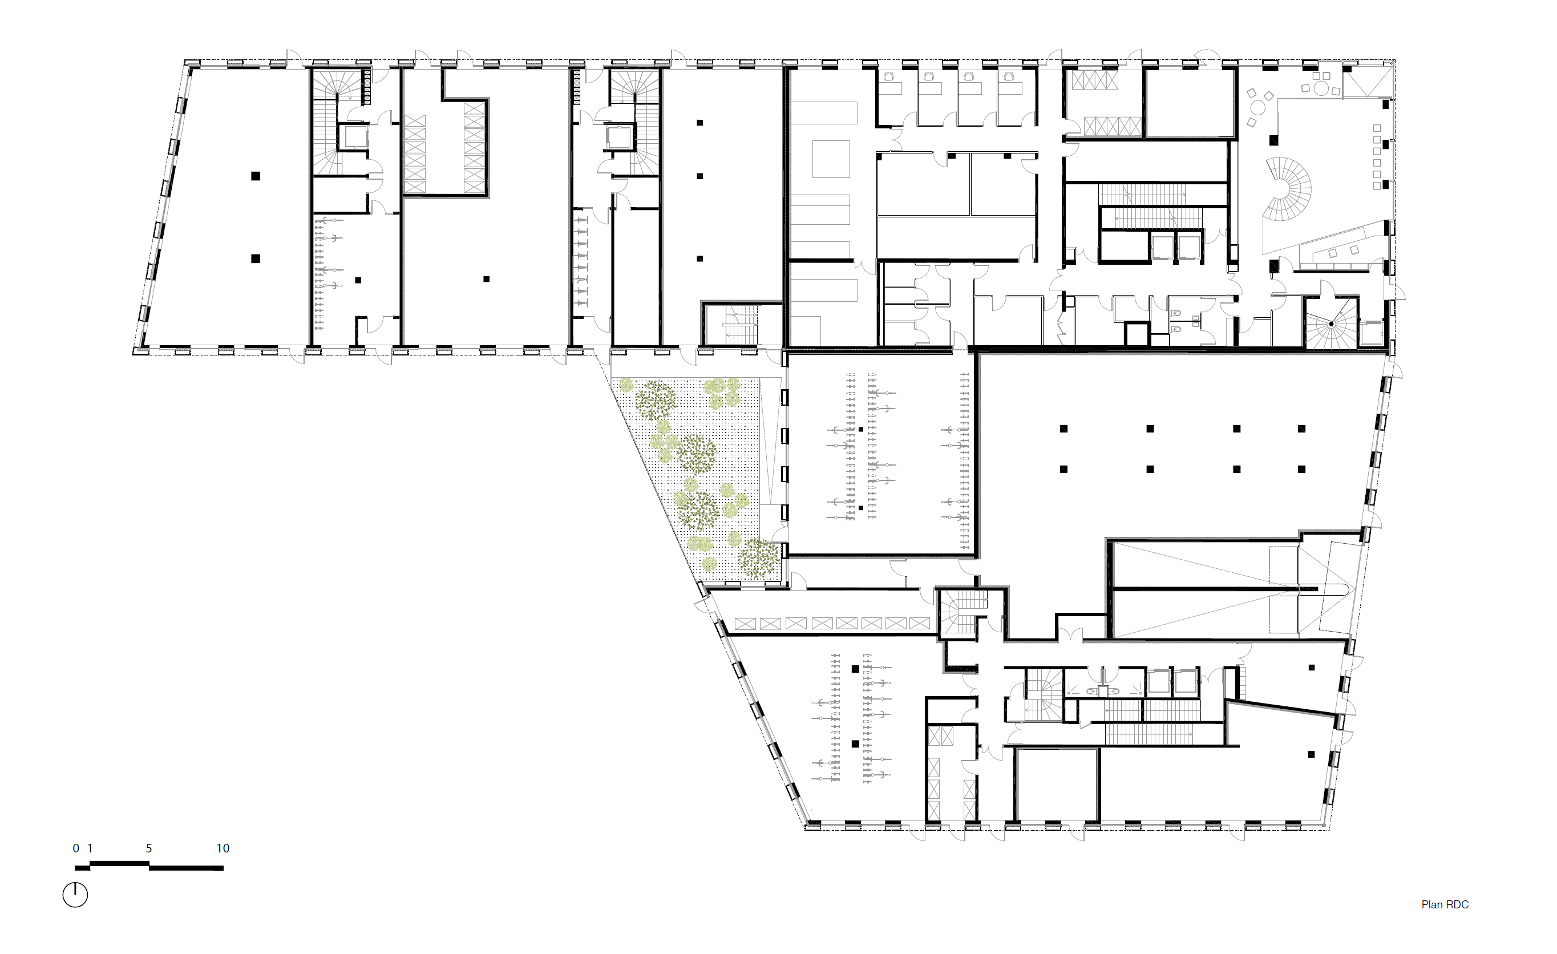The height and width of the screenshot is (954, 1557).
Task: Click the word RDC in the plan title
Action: coord(1457,905)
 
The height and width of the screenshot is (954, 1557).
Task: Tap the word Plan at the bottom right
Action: coord(1431,905)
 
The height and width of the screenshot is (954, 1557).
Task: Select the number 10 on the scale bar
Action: coord(223,848)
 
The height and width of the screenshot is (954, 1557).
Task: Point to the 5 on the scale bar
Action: coord(149,848)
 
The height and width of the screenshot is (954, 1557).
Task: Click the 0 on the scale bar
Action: coord(76,848)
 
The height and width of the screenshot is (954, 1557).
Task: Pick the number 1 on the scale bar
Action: coord(90,848)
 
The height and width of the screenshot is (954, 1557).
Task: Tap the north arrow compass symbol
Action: coord(75,895)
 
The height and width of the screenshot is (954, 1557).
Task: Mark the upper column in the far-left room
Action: coord(255,176)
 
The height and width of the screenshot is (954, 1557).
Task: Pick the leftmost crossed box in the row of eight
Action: coord(745,624)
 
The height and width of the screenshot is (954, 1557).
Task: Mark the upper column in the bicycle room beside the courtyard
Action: coord(860,430)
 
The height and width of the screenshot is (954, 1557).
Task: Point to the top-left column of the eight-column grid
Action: coord(1063,429)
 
